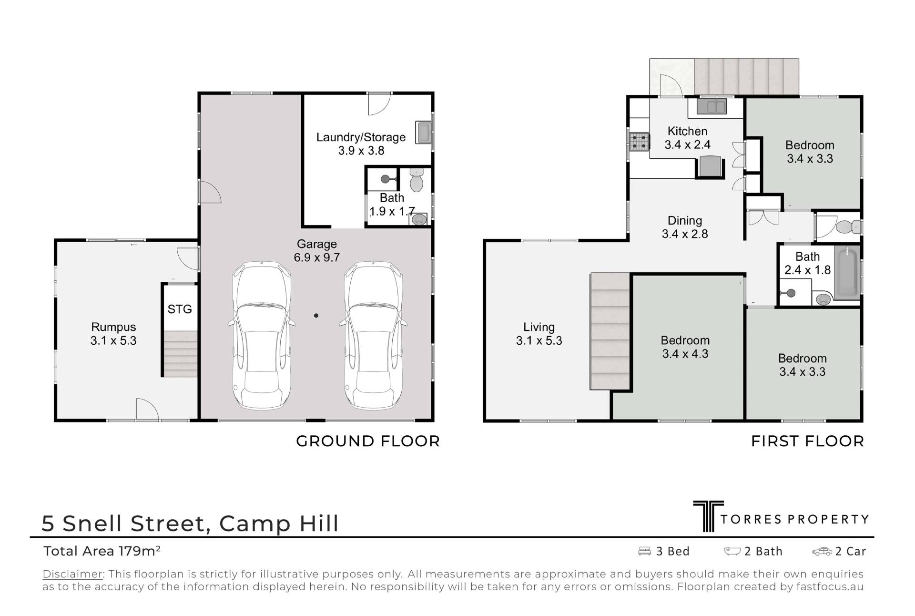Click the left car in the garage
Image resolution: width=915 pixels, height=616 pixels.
262,335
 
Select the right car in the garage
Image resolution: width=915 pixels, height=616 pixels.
374,335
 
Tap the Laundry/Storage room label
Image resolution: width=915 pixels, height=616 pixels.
361,137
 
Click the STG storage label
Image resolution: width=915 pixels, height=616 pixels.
180,309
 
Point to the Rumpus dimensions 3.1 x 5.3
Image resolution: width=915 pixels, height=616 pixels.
113,341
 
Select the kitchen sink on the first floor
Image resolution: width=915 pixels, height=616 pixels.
712,106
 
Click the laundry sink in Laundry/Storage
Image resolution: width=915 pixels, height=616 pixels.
424,133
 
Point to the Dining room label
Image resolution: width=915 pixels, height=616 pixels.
685,221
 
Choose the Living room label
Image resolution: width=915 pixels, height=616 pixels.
539,327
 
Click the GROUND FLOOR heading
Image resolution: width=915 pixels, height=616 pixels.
368,441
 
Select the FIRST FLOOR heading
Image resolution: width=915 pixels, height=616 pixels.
808,441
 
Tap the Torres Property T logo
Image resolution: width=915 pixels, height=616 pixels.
709,516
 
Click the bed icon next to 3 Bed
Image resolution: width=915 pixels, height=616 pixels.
644,551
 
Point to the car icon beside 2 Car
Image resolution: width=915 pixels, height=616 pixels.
822,552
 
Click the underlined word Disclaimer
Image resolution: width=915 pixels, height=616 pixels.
73,574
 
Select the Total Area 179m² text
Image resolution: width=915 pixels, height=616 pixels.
102,551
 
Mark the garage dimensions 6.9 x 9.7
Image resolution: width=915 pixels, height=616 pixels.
317,258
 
